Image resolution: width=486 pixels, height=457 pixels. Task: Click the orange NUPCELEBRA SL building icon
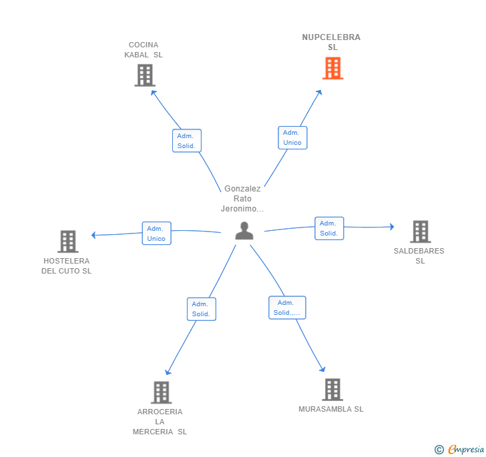[333, 68]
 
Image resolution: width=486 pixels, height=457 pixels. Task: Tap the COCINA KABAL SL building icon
[145, 75]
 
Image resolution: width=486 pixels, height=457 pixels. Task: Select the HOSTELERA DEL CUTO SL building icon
[68, 242]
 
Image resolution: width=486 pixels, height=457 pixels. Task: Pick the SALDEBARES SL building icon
[421, 232]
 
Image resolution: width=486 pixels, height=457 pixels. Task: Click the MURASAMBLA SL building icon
[332, 390]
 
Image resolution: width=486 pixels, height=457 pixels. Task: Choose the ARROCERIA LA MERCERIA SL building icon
[161, 392]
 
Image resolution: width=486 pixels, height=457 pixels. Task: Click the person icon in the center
[244, 231]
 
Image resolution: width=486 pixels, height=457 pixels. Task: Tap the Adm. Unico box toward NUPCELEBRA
[292, 137]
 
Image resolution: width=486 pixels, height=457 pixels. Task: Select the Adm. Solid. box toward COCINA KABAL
[187, 141]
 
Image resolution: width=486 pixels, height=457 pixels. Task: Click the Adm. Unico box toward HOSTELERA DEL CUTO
[156, 234]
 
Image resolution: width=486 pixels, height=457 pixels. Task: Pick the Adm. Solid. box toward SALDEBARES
[329, 228]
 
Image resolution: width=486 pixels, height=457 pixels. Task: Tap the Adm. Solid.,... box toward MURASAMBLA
[287, 308]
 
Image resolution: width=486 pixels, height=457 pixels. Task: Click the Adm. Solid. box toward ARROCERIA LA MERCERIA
[202, 309]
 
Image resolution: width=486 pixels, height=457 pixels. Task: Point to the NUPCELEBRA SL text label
[331, 42]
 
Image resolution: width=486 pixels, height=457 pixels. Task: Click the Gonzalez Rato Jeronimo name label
[242, 199]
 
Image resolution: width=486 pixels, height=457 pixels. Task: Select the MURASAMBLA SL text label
[330, 409]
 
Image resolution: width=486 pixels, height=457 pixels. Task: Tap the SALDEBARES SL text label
[419, 256]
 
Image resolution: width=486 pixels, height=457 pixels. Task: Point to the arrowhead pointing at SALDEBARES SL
[392, 227]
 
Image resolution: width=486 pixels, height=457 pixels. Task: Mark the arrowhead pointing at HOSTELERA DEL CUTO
[93, 235]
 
